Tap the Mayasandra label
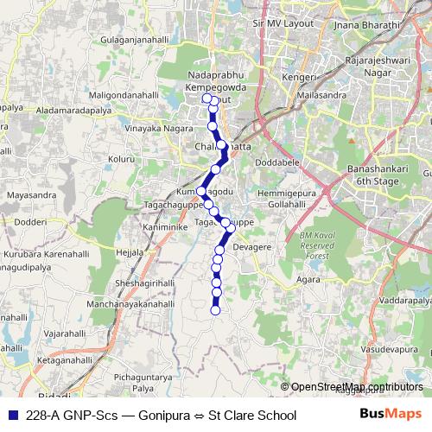29,195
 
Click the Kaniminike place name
159,226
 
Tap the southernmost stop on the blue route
216,310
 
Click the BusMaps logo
389,415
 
